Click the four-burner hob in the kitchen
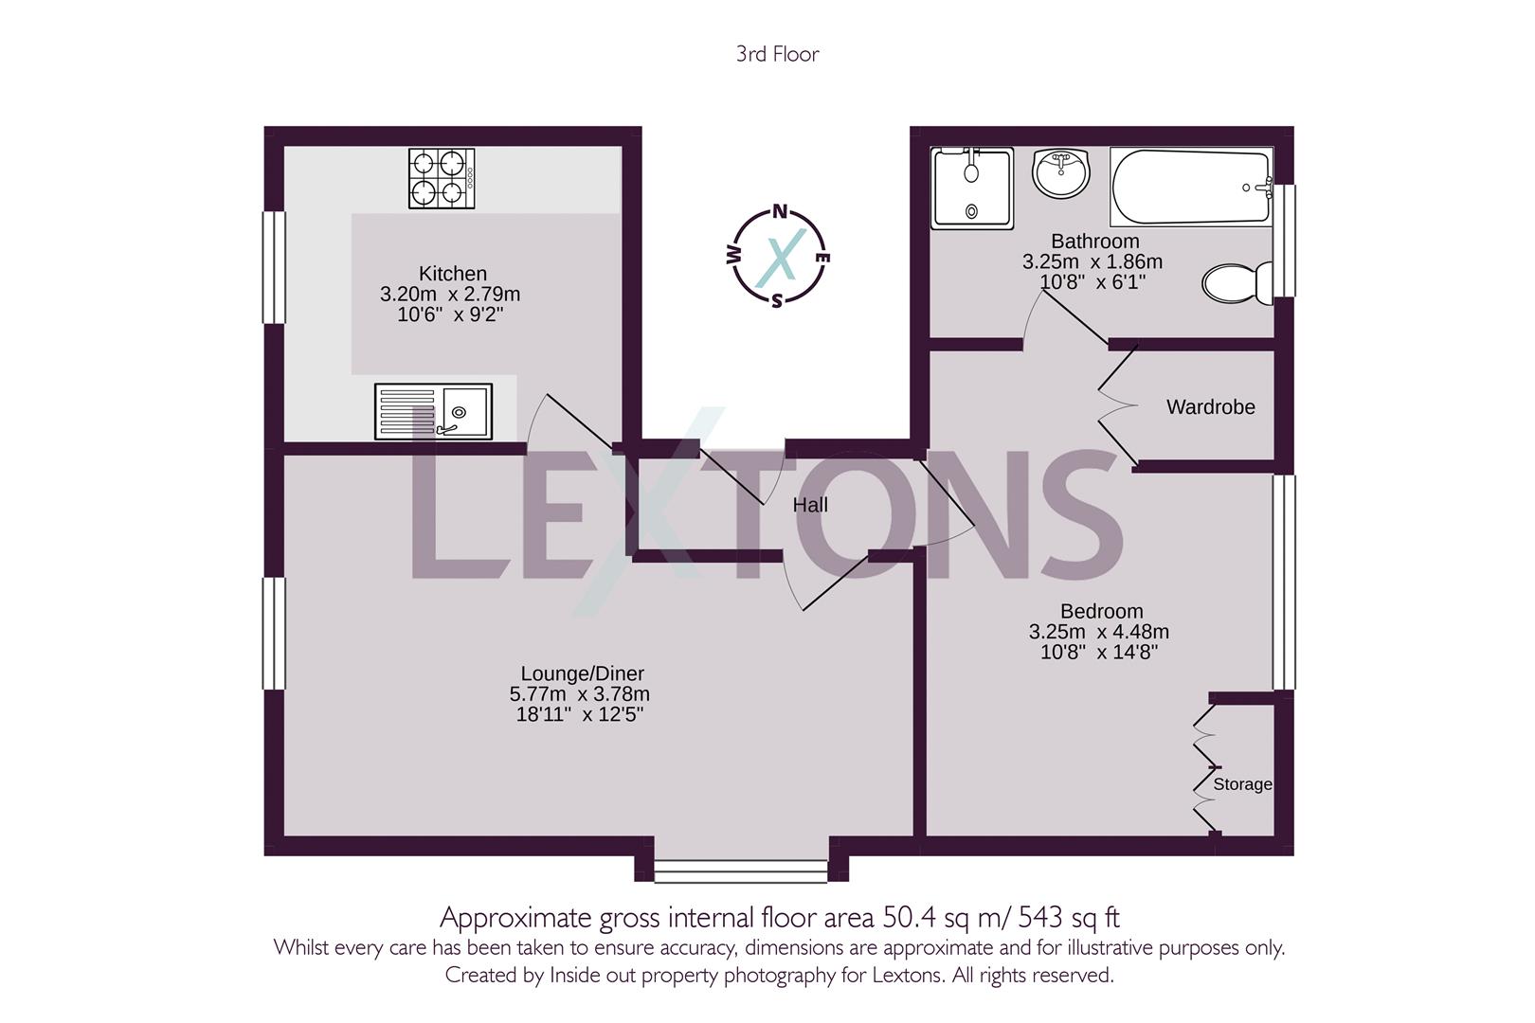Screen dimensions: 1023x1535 tap(442, 178)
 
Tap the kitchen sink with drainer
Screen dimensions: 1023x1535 tap(433, 411)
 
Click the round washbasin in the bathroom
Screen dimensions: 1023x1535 tap(1061, 174)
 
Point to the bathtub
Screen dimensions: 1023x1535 tap(1190, 187)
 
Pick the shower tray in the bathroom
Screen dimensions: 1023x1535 tap(971, 188)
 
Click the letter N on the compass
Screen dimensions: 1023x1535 tap(780, 212)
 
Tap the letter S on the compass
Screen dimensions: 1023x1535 tap(777, 301)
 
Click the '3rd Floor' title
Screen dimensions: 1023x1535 tap(777, 54)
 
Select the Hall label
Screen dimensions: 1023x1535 tap(810, 506)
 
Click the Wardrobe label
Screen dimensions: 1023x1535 tap(1210, 407)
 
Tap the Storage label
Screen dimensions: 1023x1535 tap(1242, 784)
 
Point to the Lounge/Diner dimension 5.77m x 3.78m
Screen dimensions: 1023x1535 tap(579, 694)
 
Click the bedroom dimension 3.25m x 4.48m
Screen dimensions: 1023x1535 tap(1099, 632)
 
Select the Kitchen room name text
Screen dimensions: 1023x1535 tap(453, 274)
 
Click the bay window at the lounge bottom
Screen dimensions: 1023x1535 tap(741, 870)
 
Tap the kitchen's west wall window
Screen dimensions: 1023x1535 tap(274, 267)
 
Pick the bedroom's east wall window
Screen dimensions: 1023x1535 tap(1284, 582)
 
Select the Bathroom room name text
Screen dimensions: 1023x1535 tap(1094, 242)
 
